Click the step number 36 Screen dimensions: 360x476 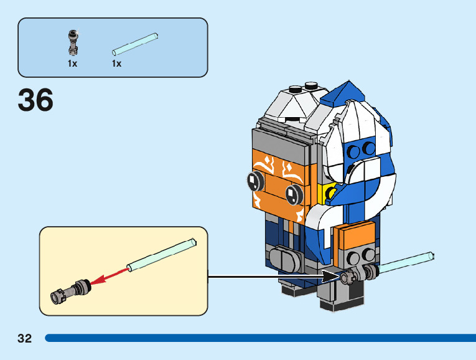(x=35, y=100)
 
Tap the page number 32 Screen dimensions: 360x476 (x=25, y=338)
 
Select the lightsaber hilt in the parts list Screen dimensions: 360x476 (x=73, y=40)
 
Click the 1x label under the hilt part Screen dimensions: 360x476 (x=73, y=64)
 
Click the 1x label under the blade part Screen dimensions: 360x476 (x=116, y=64)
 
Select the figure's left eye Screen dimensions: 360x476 (x=254, y=181)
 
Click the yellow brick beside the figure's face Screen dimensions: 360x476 (x=323, y=193)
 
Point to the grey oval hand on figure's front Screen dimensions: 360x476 (x=288, y=257)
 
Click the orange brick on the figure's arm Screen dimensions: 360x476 (x=355, y=236)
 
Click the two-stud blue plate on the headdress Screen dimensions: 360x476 (x=362, y=150)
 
